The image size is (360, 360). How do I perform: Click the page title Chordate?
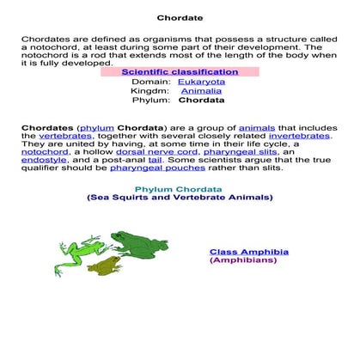pos(180,18)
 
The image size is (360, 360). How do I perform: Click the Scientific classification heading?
pos(180,72)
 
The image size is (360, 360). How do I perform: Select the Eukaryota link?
pos(201,82)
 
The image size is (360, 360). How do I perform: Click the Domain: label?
pos(152,82)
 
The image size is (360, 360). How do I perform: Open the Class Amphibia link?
pos(249,252)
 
